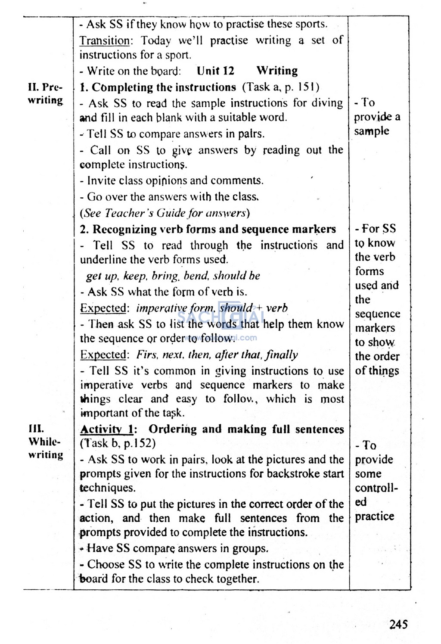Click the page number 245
click(398, 624)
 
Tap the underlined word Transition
click(104, 40)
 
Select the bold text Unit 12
click(215, 71)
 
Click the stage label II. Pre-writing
click(45, 93)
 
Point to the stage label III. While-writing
click(45, 442)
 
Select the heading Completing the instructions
click(164, 87)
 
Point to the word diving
click(326, 103)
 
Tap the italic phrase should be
click(236, 276)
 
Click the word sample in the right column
click(371, 131)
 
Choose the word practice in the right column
click(374, 516)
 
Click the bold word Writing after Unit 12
click(277, 71)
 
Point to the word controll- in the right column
click(376, 488)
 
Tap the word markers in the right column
click(375, 328)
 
